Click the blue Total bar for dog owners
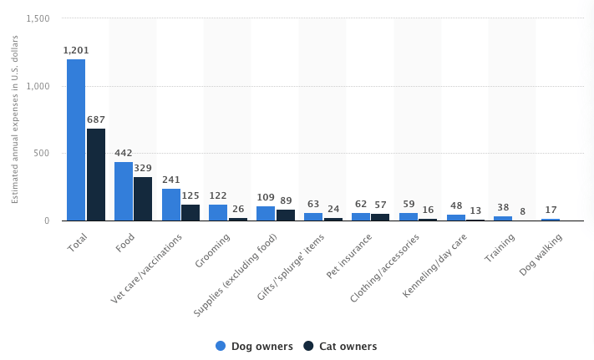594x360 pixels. pyautogui.click(x=76, y=139)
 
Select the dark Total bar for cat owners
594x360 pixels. pyautogui.click(x=96, y=175)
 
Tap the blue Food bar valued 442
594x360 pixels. pyautogui.click(x=124, y=191)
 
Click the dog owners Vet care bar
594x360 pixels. pyautogui.click(x=170, y=205)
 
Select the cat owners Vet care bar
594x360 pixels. pyautogui.click(x=190, y=212)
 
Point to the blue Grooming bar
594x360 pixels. pyautogui.click(x=218, y=212)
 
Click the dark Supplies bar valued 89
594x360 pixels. pyautogui.click(x=286, y=215)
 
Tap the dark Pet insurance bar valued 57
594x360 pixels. pyautogui.click(x=380, y=217)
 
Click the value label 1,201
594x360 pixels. pyautogui.click(x=76, y=50)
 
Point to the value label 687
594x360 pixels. pyautogui.click(x=96, y=119)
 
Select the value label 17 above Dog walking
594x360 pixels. pyautogui.click(x=551, y=210)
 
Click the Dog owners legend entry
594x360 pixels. pyautogui.click(x=255, y=346)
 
